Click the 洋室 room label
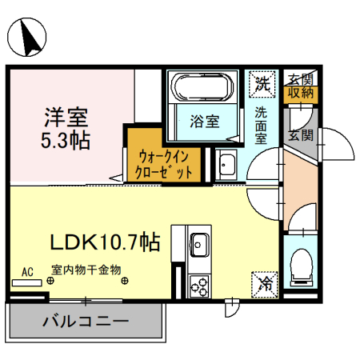66,117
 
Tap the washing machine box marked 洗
262,81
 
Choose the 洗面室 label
262,125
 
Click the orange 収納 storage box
301,94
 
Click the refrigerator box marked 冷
263,282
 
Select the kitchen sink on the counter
198,243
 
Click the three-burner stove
198,283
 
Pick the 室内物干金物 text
86,270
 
